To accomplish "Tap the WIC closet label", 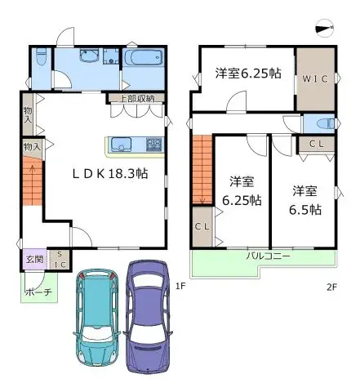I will pyautogui.click(x=315, y=78).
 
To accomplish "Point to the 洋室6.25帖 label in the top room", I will pyautogui.click(x=248, y=73).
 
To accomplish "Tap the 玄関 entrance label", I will pyautogui.click(x=32, y=260).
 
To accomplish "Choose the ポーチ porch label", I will pyautogui.click(x=38, y=291).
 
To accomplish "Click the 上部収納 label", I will pyautogui.click(x=136, y=100).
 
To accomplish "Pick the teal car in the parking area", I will pyautogui.click(x=96, y=314).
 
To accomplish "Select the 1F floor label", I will pyautogui.click(x=181, y=286).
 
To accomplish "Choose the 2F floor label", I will pyautogui.click(x=331, y=286).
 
